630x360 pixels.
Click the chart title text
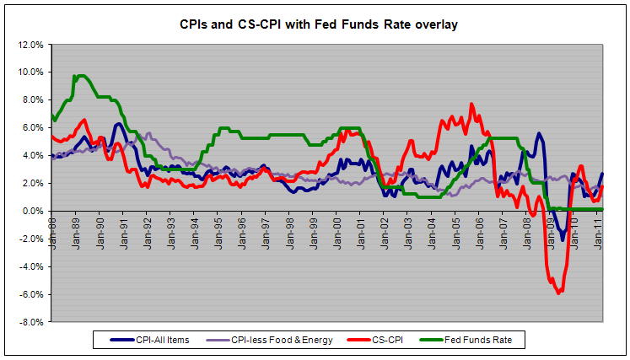click(x=314, y=24)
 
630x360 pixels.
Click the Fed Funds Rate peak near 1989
click(x=78, y=76)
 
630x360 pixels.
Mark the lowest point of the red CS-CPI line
click(x=557, y=293)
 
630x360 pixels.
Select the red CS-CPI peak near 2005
click(x=471, y=105)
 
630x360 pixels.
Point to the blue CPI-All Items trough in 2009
click(x=563, y=239)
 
